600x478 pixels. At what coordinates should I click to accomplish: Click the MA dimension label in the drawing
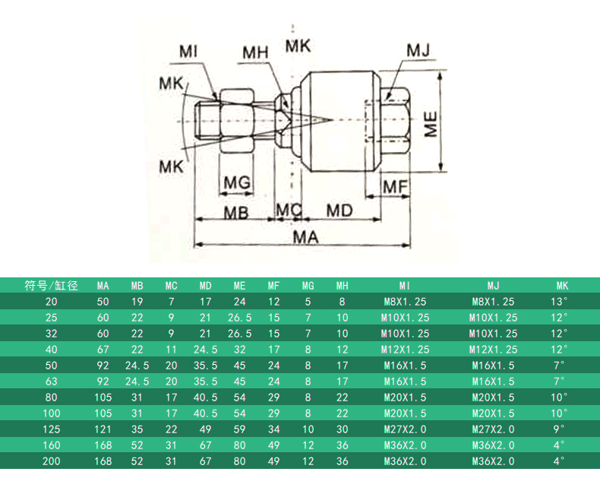coord(306,237)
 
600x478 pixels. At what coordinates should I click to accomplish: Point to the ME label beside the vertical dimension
coord(431,124)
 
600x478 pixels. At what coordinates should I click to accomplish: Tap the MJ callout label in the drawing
coord(418,51)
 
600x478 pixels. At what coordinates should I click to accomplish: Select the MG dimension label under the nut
coord(237,182)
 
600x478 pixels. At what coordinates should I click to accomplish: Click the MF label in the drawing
coord(395,187)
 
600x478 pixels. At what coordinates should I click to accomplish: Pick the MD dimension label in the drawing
coord(339,211)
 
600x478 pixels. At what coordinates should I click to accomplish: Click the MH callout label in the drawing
coord(256,53)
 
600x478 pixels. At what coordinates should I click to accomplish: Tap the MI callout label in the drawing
coord(188,52)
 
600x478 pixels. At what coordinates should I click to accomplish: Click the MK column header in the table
coord(562,286)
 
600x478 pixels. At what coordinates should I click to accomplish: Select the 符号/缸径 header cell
coord(52,286)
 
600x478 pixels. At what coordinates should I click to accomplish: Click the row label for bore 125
coord(52,429)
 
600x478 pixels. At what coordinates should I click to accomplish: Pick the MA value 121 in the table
coord(103,429)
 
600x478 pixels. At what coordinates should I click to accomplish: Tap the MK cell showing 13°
coord(560,302)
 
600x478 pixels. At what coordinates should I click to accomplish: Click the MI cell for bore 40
coord(405,350)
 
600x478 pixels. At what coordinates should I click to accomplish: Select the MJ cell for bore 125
coord(493,429)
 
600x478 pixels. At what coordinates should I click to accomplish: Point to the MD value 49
coord(206,429)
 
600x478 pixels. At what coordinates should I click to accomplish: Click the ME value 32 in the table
coord(239,350)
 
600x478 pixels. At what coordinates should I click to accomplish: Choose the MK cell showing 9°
coord(560,429)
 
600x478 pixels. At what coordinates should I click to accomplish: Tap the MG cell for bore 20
coord(308,302)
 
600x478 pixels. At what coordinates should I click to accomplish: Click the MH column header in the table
coord(342,286)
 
